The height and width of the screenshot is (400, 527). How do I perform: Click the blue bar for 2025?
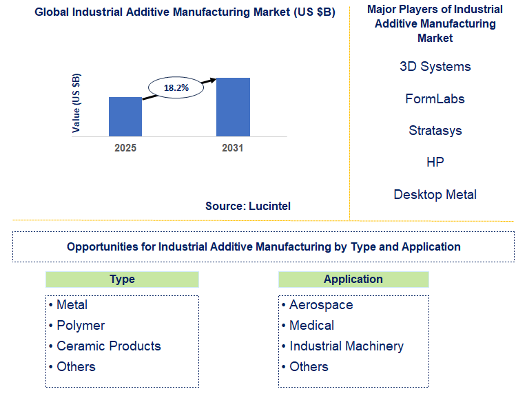[x=125, y=116]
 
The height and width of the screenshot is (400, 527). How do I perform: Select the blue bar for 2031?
[x=233, y=107]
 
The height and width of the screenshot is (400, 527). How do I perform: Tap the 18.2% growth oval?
[x=176, y=87]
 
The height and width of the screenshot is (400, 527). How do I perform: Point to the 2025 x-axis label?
[x=125, y=148]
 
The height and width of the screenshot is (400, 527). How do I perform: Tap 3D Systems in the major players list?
[x=435, y=67]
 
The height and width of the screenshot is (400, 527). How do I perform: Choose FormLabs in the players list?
[x=435, y=98]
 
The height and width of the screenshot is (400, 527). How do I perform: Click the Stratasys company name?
[x=435, y=130]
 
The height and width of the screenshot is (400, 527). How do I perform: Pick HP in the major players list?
[x=435, y=162]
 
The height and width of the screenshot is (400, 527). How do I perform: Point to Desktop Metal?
[x=435, y=194]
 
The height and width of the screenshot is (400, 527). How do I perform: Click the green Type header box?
[x=122, y=280]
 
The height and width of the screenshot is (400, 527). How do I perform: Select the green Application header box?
[x=353, y=280]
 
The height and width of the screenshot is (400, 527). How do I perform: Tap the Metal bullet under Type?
[x=72, y=304]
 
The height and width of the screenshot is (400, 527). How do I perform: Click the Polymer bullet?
[x=81, y=325]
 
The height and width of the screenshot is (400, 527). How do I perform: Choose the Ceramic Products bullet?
[x=108, y=346]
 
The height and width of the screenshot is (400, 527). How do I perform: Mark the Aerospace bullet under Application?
[x=321, y=304]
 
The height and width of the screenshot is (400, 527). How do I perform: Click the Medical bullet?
[x=311, y=325]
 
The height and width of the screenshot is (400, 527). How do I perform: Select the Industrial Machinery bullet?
[x=347, y=346]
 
